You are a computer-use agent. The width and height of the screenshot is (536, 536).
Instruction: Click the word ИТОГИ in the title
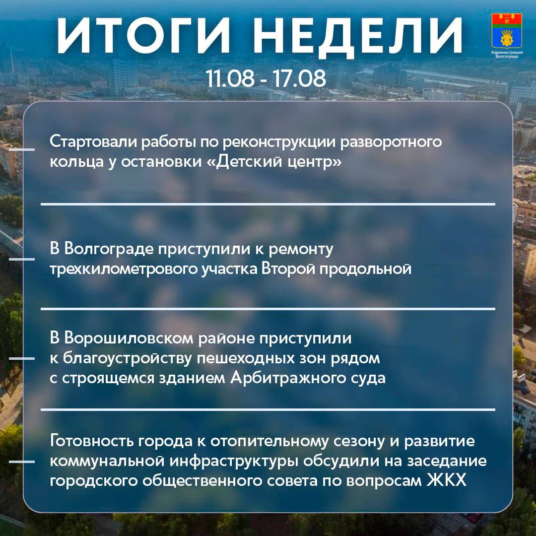coord(143,36)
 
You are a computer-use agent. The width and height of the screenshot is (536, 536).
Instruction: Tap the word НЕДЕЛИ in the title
coord(357,36)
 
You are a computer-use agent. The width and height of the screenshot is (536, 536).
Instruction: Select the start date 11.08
coord(230,78)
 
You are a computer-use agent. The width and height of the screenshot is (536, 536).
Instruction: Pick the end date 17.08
coord(299,78)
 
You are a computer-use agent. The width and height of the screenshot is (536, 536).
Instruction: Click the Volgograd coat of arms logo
coord(507,31)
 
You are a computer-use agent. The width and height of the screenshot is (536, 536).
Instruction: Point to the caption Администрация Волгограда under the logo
coord(507,55)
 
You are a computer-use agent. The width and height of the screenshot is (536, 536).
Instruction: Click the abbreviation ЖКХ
coord(447,480)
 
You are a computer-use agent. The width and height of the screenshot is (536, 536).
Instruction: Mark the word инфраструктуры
coord(234,461)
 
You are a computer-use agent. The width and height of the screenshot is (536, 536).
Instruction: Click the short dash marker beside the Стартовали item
coord(21,150)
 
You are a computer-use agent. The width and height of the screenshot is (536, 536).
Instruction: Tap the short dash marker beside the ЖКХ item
coord(21,462)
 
